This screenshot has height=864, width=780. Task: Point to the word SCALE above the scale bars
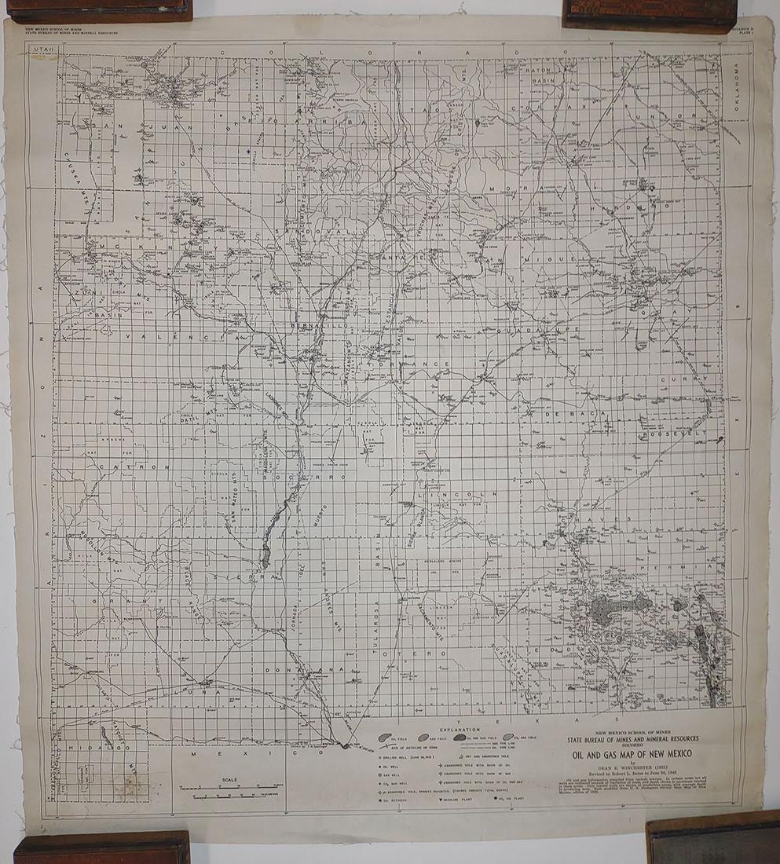[229, 780]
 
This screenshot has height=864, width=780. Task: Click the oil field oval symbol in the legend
[386, 738]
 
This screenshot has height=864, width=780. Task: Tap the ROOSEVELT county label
[673, 434]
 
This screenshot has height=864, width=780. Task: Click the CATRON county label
[134, 467]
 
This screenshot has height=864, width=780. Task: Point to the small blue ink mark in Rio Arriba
[248, 151]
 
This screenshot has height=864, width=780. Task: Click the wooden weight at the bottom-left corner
[102, 848]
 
